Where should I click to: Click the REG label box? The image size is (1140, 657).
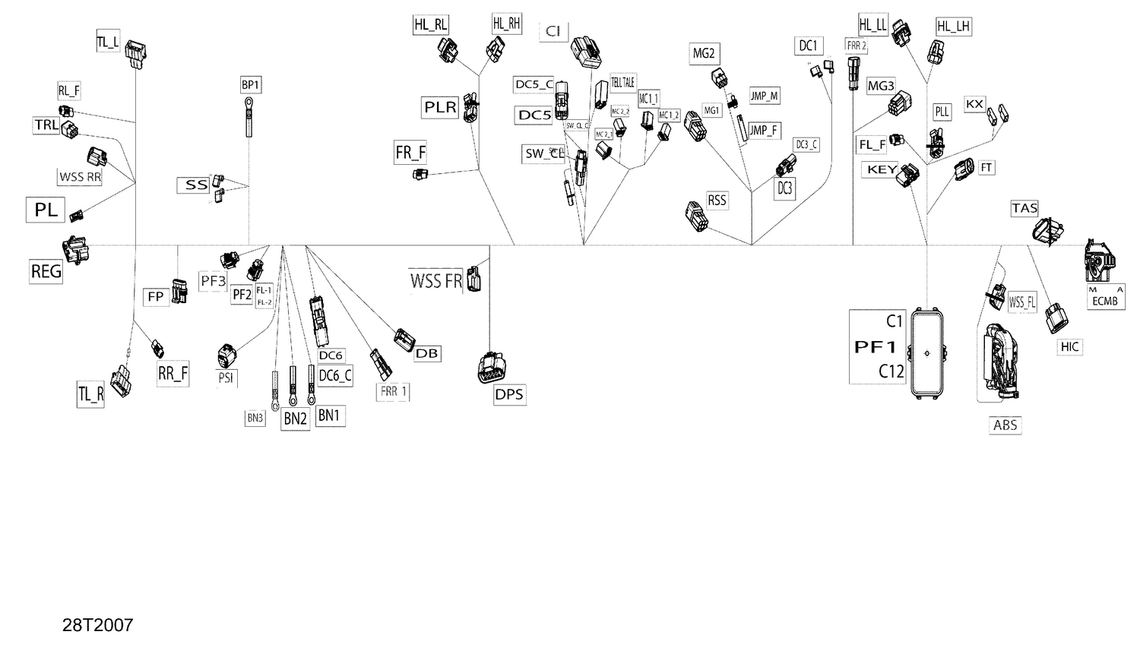coord(46,271)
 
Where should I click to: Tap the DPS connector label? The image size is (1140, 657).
coord(508,394)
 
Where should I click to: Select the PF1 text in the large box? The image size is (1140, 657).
coord(876,347)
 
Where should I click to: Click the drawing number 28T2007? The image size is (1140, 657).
coord(97,625)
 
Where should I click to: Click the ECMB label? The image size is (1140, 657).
coord(1105,301)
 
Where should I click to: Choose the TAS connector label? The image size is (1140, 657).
coord(1024,208)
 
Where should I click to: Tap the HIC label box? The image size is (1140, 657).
coord(1069,347)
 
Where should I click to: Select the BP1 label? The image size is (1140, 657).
coord(250,85)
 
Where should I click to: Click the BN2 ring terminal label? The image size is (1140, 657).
coord(296,419)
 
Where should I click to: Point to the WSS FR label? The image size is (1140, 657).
coord(435,281)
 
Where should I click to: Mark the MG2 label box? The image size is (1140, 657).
coord(703,53)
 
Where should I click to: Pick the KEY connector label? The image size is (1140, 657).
coord(882,169)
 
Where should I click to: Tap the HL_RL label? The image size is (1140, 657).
coord(430,24)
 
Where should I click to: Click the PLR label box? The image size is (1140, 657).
coord(440,108)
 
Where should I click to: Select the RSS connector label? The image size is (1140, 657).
coord(717,201)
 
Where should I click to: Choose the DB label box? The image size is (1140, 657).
coord(427,353)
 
